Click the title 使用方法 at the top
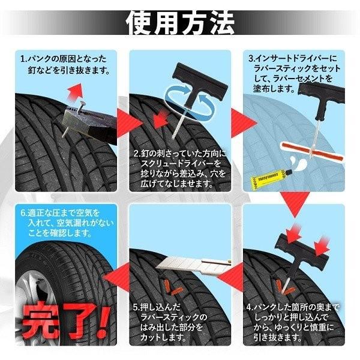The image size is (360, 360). (179, 22)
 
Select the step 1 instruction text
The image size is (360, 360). (65, 65)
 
